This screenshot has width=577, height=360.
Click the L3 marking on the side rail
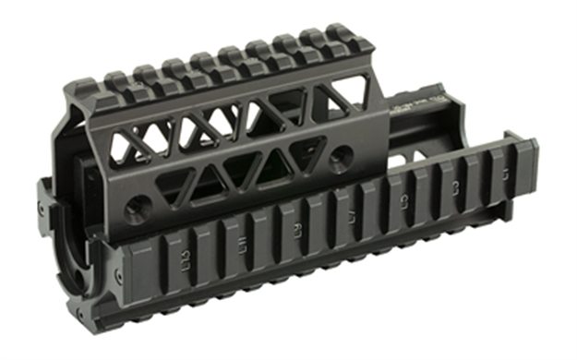point(451,187)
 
